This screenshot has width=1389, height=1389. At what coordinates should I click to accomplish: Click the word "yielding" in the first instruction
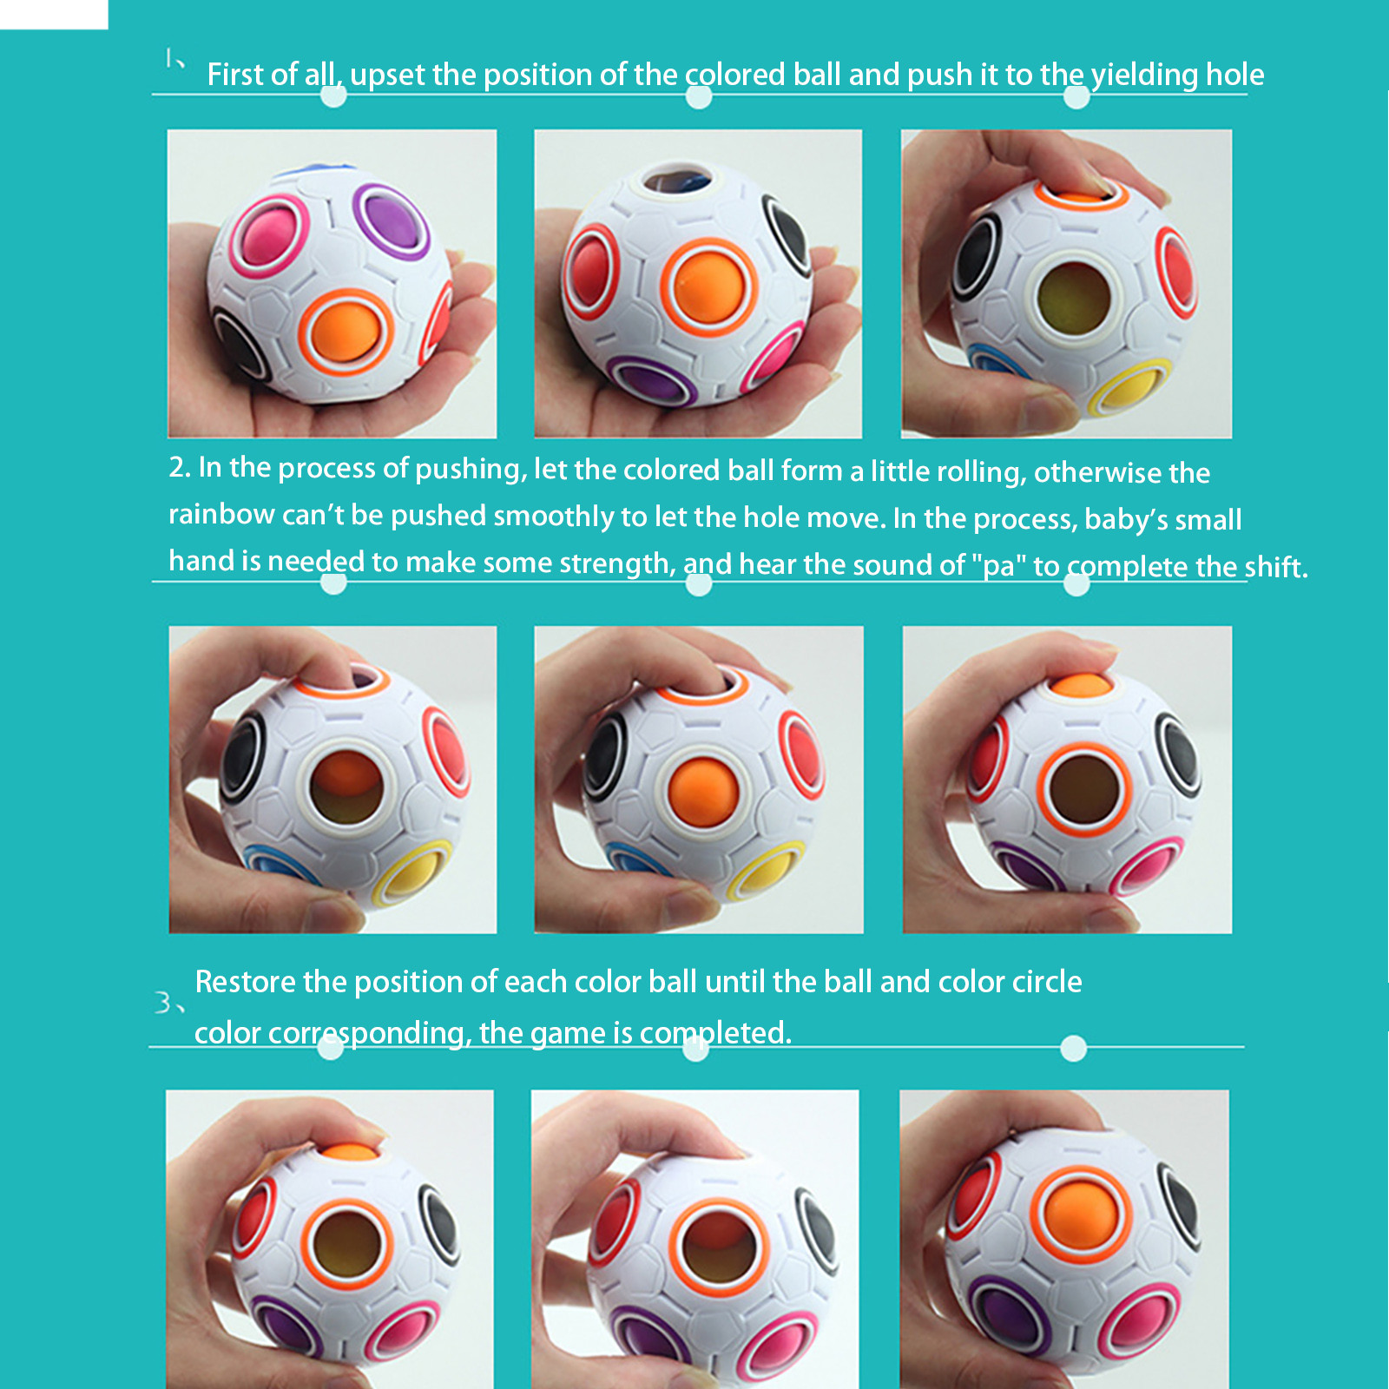(1144, 76)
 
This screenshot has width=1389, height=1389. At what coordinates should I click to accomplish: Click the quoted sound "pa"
(998, 566)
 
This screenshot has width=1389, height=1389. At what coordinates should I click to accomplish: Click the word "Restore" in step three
(246, 982)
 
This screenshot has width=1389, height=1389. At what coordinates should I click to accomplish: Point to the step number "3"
(162, 1003)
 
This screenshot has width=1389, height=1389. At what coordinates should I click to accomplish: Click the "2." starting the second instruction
(180, 467)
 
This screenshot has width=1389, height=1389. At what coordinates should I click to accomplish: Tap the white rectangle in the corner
(54, 15)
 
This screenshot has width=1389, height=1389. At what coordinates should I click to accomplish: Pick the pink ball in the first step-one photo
(268, 234)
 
